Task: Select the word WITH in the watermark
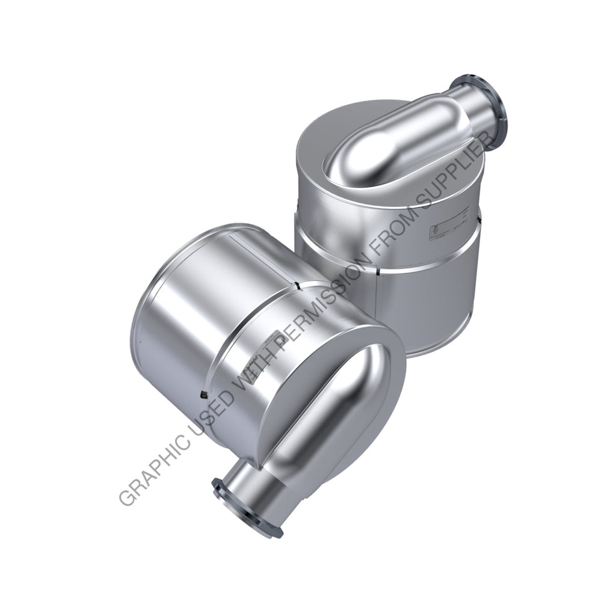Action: (256, 366)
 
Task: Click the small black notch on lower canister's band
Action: (203, 394)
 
